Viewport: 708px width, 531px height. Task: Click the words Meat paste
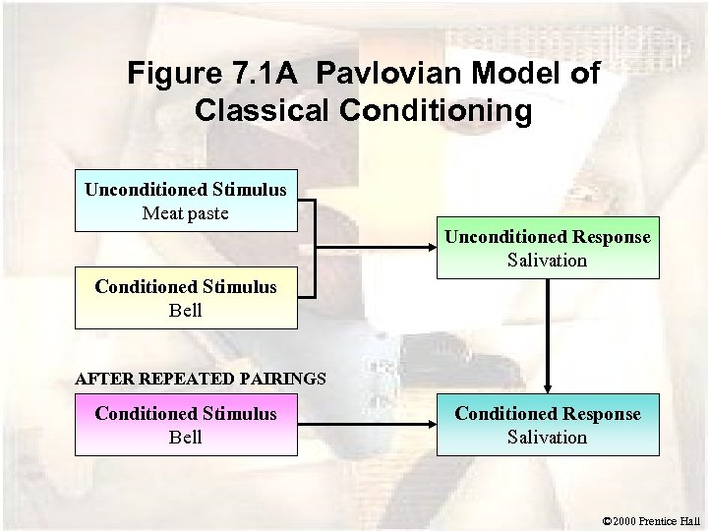(186, 212)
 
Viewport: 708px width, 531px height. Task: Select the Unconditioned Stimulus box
(186, 201)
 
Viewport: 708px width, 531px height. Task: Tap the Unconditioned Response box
(548, 249)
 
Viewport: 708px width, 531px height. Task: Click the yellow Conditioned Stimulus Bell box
(186, 298)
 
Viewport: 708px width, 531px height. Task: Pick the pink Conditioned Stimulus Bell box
(186, 425)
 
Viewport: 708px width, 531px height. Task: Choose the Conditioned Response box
(548, 425)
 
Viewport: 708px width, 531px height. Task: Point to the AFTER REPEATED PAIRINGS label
(201, 378)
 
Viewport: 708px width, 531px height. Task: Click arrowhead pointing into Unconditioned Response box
(432, 249)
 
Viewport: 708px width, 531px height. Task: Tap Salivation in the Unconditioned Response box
(548, 261)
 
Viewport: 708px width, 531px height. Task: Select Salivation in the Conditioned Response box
(548, 437)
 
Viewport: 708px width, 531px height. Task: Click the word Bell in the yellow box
(186, 310)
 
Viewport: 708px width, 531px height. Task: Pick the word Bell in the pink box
(186, 437)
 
